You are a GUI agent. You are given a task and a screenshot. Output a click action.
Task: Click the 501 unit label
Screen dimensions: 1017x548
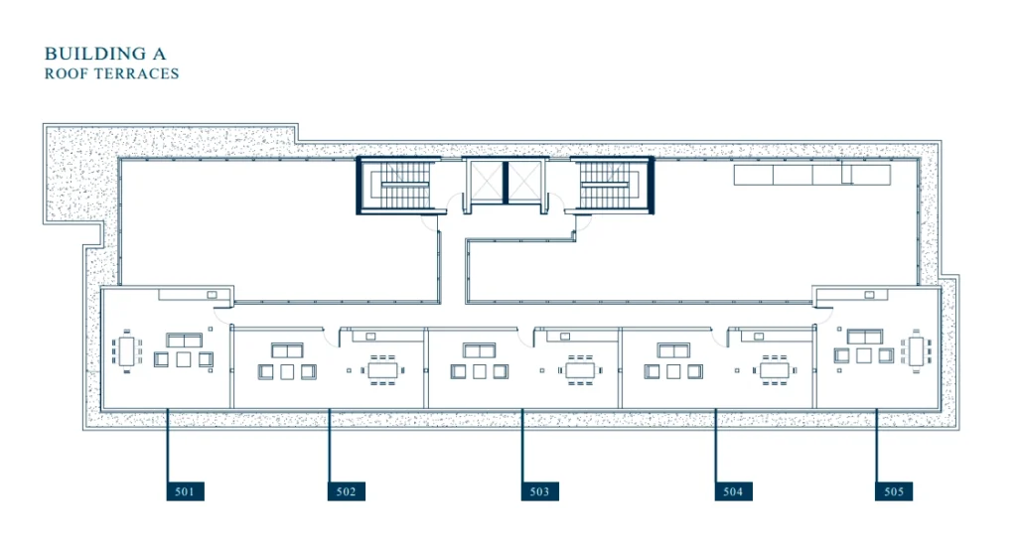(186, 491)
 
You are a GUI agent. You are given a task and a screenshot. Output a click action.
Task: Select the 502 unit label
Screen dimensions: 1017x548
(347, 491)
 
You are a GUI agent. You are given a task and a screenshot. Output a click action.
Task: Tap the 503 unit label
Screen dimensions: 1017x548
(539, 491)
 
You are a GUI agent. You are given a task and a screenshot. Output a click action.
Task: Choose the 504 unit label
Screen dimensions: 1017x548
(734, 491)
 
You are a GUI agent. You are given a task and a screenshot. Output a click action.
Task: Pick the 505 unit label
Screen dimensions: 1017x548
(894, 491)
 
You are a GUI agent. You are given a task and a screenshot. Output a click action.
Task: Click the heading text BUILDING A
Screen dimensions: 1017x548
(105, 54)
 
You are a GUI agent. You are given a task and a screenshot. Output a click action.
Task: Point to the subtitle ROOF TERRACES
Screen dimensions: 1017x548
(111, 73)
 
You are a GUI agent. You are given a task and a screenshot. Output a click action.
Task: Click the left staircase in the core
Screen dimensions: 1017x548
(396, 186)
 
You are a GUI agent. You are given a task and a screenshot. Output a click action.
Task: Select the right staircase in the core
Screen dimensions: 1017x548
(614, 186)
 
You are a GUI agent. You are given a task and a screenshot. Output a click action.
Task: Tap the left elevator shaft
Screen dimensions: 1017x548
(487, 182)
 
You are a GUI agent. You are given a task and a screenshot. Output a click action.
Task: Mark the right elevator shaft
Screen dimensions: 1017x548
(524, 182)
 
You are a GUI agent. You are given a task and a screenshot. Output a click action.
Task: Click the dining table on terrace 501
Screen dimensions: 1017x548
(126, 350)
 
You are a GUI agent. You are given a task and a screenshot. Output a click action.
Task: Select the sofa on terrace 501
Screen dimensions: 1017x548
(184, 341)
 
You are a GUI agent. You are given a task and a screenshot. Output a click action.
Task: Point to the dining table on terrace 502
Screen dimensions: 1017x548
(382, 370)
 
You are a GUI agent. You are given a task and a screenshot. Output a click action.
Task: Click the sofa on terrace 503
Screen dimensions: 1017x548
(480, 350)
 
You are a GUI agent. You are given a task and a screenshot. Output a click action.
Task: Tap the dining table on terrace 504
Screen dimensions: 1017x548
(775, 370)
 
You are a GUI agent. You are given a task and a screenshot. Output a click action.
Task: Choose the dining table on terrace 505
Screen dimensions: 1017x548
(916, 350)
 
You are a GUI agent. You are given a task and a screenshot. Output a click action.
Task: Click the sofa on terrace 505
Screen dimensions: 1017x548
(865, 337)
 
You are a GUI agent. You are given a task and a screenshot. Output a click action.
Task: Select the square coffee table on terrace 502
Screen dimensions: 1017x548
(287, 371)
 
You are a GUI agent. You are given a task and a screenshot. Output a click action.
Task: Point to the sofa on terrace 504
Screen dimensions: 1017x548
(673, 350)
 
